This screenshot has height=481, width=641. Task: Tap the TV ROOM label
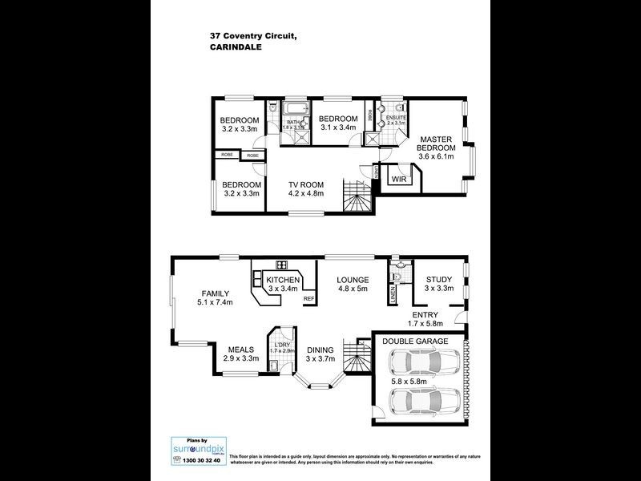point(305,184)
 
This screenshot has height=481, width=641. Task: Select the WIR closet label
point(399,179)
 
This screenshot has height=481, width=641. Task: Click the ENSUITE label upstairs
point(396,116)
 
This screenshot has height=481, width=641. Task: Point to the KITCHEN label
point(283,280)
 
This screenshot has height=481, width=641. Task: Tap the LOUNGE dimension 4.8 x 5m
point(353,289)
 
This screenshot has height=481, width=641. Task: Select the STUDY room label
point(439,279)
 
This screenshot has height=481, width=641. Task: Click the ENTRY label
point(425,315)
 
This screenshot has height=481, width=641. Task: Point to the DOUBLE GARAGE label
point(414,341)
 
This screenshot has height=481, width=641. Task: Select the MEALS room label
point(241,350)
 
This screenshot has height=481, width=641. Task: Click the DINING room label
point(320,350)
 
